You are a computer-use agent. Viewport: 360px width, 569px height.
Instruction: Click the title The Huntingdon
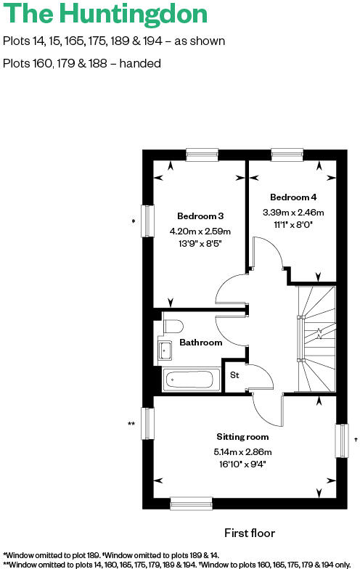pyautogui.click(x=105, y=15)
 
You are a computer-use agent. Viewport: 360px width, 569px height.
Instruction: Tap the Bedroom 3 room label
pyautogui.click(x=200, y=216)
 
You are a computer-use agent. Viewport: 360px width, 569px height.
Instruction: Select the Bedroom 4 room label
pyautogui.click(x=293, y=197)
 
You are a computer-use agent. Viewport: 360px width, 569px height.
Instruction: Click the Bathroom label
pyautogui.click(x=200, y=342)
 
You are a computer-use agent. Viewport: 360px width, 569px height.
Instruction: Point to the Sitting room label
pyautogui.click(x=242, y=437)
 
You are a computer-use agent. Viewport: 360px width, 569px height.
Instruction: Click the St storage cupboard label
pyautogui.click(x=234, y=375)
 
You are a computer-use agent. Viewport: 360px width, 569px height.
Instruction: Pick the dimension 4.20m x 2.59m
pyautogui.click(x=200, y=231)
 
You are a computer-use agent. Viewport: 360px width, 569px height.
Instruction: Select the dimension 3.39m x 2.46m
pyautogui.click(x=293, y=213)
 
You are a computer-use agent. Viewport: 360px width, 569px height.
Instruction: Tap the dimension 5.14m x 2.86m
pyautogui.click(x=242, y=452)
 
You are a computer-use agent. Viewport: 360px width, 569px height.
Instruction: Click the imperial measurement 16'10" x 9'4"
pyautogui.click(x=242, y=464)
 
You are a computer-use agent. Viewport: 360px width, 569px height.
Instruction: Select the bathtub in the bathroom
pyautogui.click(x=192, y=380)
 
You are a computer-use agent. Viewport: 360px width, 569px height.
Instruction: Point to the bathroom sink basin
pyautogui.click(x=164, y=351)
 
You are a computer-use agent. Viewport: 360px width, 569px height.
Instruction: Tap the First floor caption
pyautogui.click(x=250, y=533)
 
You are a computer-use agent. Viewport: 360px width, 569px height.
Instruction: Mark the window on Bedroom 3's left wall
pyautogui.click(x=147, y=221)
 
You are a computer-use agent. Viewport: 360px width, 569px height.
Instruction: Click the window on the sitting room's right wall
pyautogui.click(x=342, y=441)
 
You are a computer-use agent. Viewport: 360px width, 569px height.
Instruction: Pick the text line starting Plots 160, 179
pyautogui.click(x=82, y=63)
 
